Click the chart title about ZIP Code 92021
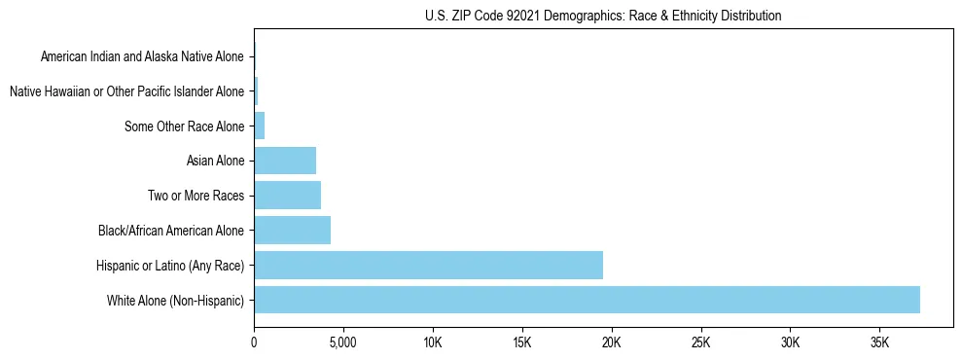(603, 16)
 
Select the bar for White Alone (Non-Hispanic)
(587, 300)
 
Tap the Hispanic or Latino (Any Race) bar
(428, 265)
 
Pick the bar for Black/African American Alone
(292, 231)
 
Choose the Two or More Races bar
(287, 196)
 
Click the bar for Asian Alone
(285, 161)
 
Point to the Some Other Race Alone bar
(260, 126)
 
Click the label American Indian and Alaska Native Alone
(142, 57)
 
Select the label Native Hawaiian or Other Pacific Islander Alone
(126, 91)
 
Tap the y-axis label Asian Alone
(215, 161)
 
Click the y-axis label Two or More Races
(196, 196)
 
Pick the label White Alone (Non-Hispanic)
(175, 300)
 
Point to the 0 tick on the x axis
(254, 342)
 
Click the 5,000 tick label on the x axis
(343, 342)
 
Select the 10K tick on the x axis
(433, 342)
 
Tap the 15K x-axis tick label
(522, 342)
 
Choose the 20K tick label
(612, 342)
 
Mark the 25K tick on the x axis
(700, 342)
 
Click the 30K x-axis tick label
(790, 342)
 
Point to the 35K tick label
(879, 342)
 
